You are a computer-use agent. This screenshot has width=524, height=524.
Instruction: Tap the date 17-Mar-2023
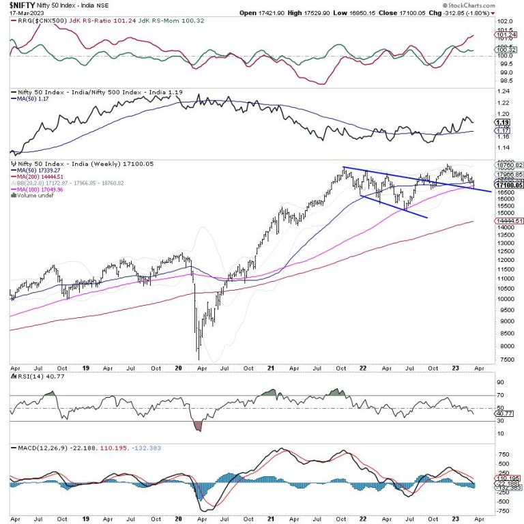(22, 12)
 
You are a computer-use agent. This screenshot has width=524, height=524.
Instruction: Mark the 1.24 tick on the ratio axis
(502, 91)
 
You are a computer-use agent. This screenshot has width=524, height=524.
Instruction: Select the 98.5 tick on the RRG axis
(502, 79)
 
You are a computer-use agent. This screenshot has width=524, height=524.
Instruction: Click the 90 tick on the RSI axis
(500, 383)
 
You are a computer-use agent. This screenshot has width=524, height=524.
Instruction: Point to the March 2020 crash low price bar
(199, 355)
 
